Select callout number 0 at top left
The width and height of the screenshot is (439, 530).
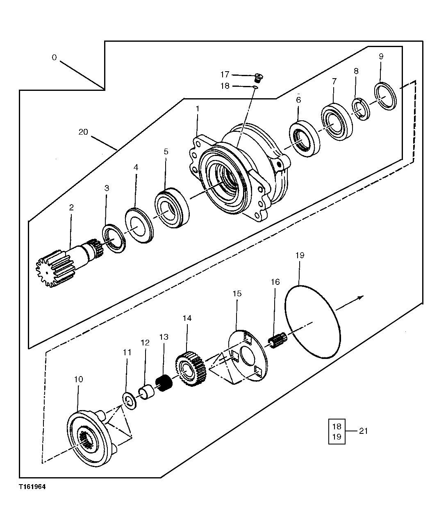[x=54, y=58]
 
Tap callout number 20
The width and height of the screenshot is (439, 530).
[x=83, y=132]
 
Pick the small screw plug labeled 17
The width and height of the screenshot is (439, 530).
[x=258, y=76]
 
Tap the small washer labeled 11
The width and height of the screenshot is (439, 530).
[x=128, y=401]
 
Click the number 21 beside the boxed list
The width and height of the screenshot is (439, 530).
[x=364, y=431]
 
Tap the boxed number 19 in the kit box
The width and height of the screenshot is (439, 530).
[x=337, y=437]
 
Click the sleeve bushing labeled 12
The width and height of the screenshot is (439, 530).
[x=147, y=395]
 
